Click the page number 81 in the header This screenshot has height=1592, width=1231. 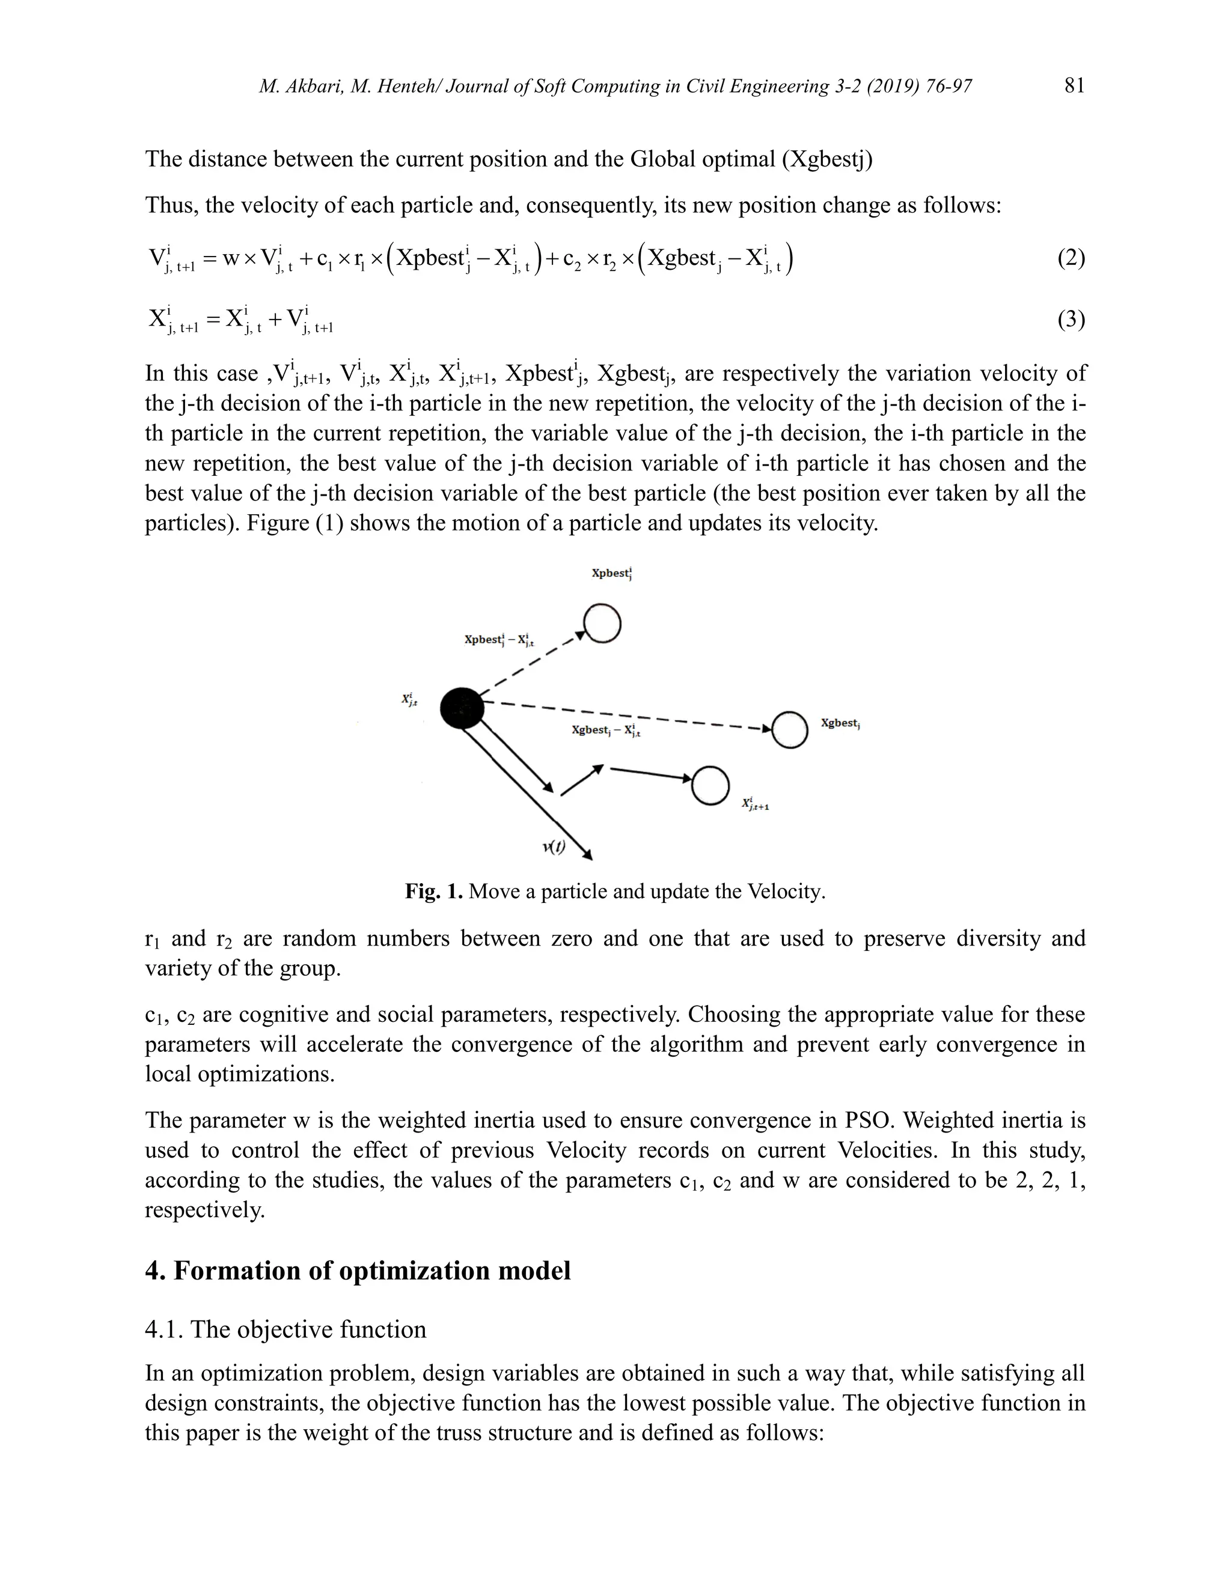tap(1074, 86)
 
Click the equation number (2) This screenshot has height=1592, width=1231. tap(1071, 258)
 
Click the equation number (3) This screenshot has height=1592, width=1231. tap(1071, 319)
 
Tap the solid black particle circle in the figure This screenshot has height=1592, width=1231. tap(462, 708)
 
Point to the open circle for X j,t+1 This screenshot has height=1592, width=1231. tap(710, 786)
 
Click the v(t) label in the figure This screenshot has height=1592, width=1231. tap(554, 846)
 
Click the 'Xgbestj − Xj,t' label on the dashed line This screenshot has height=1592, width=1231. tap(606, 731)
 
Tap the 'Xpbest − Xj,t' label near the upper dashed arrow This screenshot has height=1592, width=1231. tap(499, 640)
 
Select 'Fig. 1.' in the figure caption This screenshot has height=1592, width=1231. tap(434, 892)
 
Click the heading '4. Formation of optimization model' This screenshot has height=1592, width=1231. tap(358, 1271)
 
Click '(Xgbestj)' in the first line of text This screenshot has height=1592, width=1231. tap(826, 159)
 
